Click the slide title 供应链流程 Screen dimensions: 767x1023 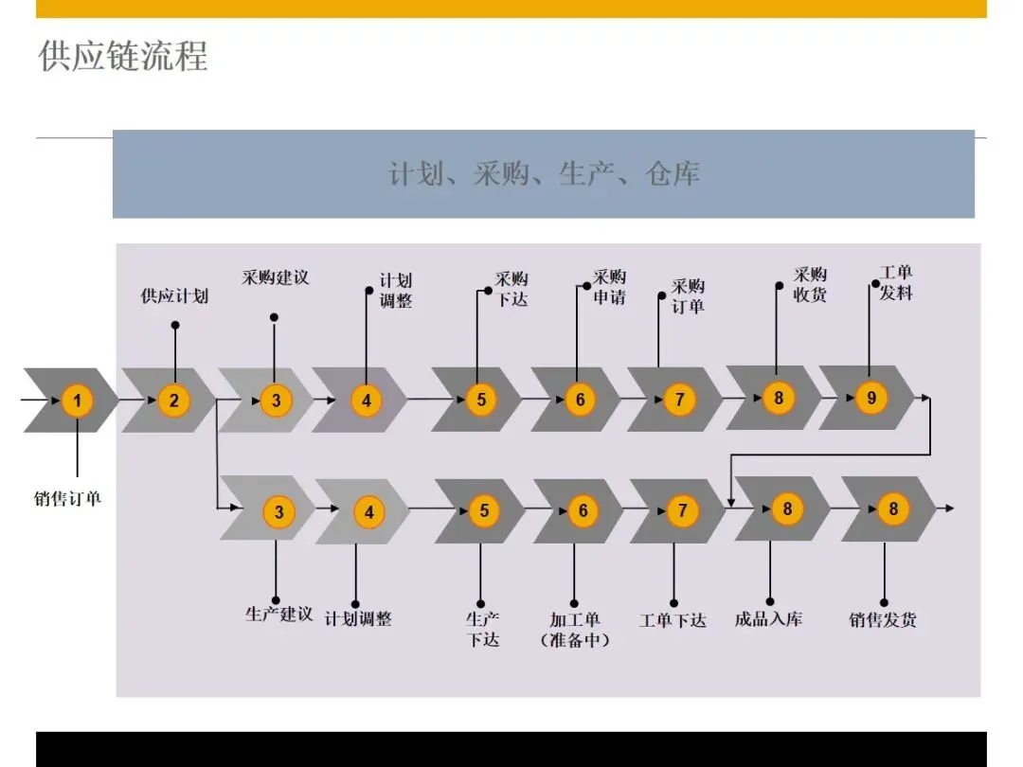[123, 56]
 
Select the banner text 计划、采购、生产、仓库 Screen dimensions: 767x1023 [544, 174]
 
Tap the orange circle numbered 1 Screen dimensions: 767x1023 [78, 401]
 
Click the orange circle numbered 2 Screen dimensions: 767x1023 [174, 401]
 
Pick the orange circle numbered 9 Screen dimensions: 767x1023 [871, 399]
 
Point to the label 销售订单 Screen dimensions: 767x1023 [68, 498]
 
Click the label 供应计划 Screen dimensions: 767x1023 [174, 296]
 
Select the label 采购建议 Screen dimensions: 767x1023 [276, 277]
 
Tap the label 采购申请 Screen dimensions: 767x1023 [610, 287]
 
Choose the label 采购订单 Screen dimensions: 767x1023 [688, 295]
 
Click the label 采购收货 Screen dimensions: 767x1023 [810, 285]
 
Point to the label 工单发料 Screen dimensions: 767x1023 [896, 283]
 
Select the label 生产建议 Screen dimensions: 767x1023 [278, 615]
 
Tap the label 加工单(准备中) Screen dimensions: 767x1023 [575, 630]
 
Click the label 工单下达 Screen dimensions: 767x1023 [673, 620]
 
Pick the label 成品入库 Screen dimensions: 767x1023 [768, 619]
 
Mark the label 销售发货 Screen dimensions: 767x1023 [883, 620]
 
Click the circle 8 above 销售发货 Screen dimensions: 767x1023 [893, 509]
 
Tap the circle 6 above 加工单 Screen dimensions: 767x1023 [583, 511]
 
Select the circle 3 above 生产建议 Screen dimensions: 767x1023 [279, 512]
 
